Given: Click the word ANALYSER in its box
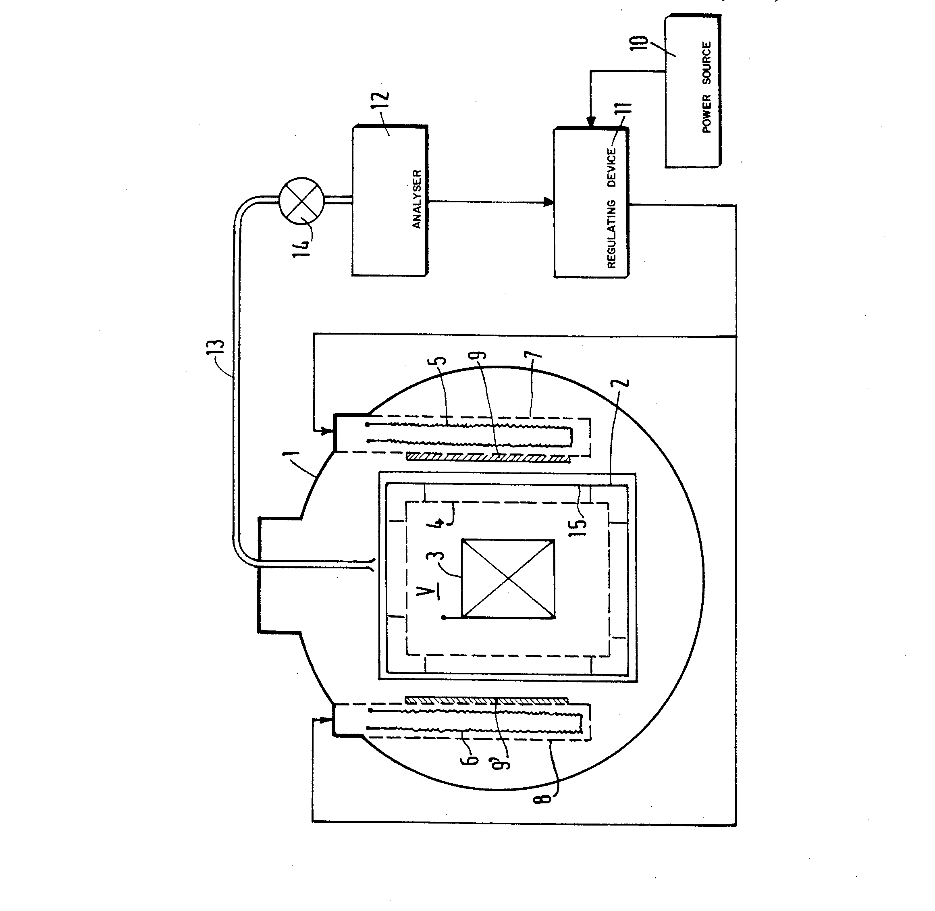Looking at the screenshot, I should pyautogui.click(x=417, y=199).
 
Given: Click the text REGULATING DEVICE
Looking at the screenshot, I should pyautogui.click(x=612, y=208).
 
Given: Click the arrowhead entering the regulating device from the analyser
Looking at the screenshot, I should pyautogui.click(x=549, y=202).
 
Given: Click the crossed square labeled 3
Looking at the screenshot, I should pyautogui.click(x=508, y=579).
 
